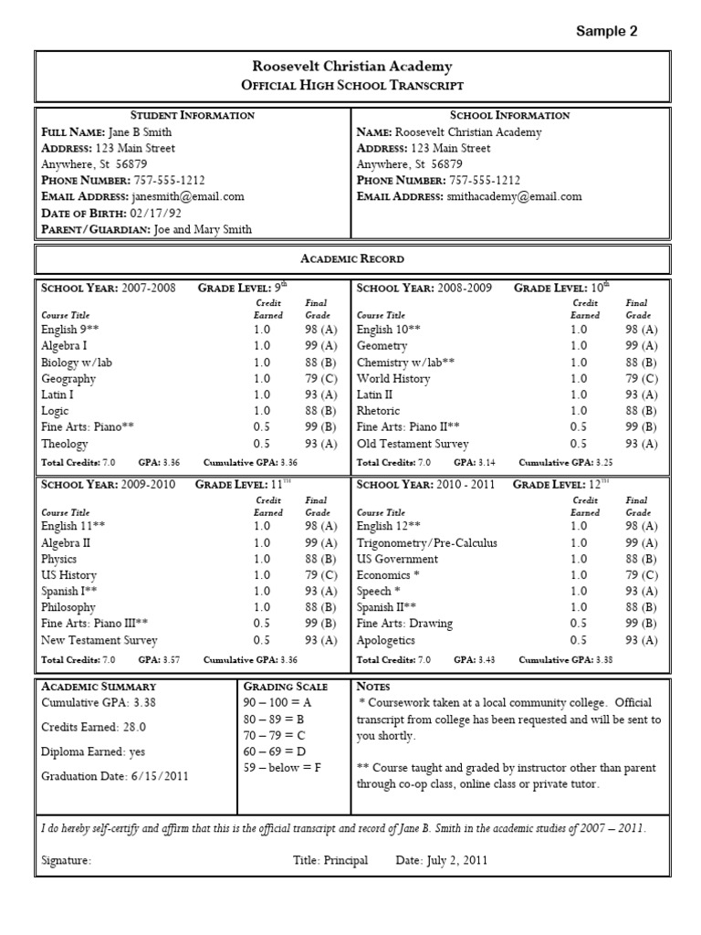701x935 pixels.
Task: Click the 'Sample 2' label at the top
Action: coord(606,31)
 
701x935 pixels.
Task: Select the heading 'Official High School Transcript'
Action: coord(351,85)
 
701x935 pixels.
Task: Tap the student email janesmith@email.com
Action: coord(186,196)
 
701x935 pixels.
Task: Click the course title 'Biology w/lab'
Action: coord(77,362)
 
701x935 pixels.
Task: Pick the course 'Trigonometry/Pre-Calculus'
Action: coord(427,543)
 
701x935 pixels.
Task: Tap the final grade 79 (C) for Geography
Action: coord(320,379)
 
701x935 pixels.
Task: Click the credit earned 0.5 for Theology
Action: coord(262,444)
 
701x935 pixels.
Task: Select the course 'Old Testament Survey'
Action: coord(413,444)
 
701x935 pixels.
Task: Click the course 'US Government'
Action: coord(397,559)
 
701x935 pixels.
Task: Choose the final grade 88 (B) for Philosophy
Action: coord(320,607)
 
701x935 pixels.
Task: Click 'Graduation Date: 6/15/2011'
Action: coord(114,777)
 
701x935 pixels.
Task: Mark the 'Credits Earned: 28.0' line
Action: coord(94,727)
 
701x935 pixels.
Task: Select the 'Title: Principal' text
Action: coord(330,860)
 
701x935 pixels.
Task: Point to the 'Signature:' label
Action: coord(67,860)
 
